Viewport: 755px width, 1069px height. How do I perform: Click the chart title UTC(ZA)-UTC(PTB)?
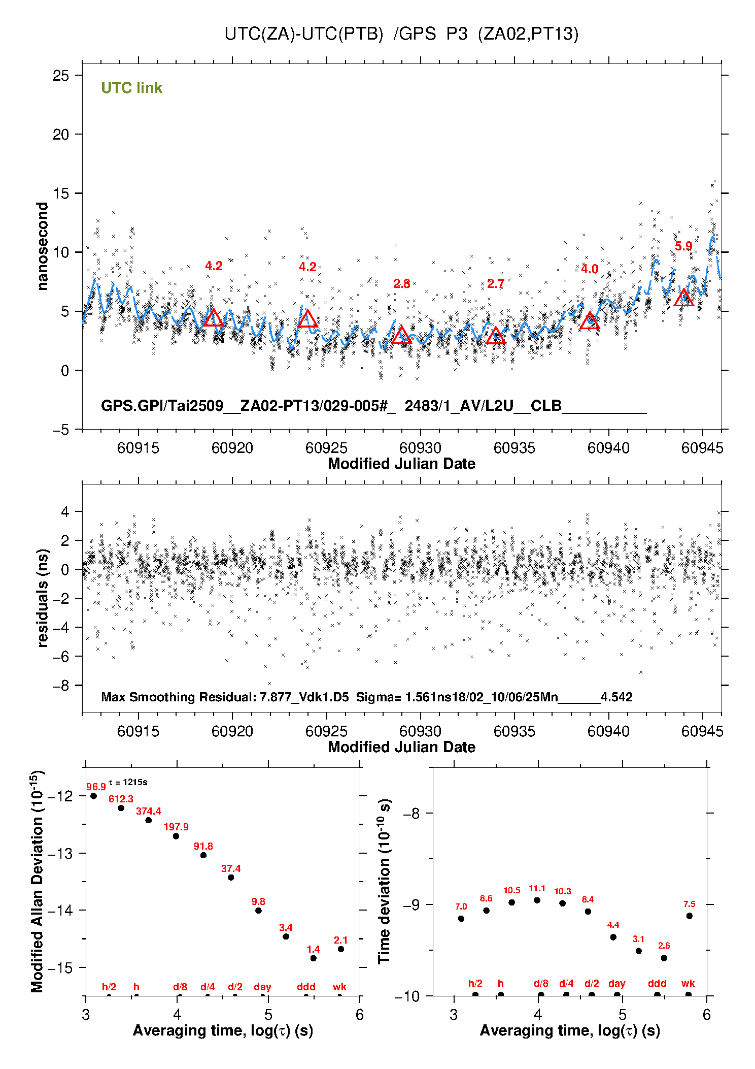tap(303, 34)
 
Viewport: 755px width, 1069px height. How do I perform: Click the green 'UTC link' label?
tap(131, 88)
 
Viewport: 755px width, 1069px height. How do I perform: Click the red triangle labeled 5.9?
tap(683, 298)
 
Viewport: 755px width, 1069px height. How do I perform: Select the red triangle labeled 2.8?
tap(401, 335)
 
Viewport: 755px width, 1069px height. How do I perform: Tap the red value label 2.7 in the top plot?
tap(495, 283)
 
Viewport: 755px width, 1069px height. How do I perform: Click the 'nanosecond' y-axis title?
tap(42, 246)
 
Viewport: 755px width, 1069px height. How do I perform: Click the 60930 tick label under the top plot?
tap(420, 448)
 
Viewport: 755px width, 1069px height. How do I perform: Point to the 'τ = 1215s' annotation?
tap(128, 782)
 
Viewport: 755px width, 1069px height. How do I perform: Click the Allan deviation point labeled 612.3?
tap(121, 808)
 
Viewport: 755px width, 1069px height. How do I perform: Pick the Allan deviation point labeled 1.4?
tap(313, 958)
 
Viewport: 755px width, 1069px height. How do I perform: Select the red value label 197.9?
tap(176, 827)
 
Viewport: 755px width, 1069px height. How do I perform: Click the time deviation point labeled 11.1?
tap(537, 900)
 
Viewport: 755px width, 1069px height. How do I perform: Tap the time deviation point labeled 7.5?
tap(689, 916)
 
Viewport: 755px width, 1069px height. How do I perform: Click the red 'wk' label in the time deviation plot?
tap(688, 983)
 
